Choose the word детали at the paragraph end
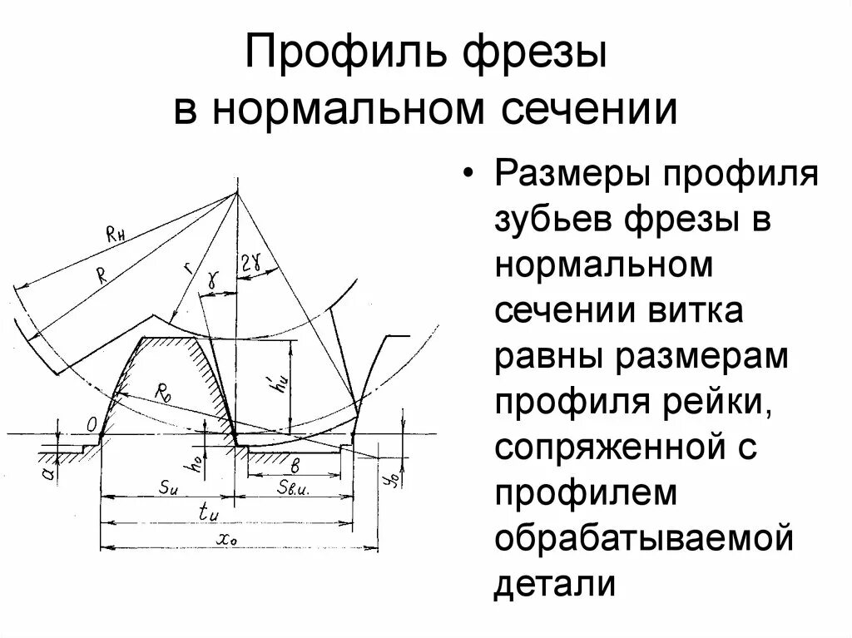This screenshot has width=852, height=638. pyautogui.click(x=555, y=583)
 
